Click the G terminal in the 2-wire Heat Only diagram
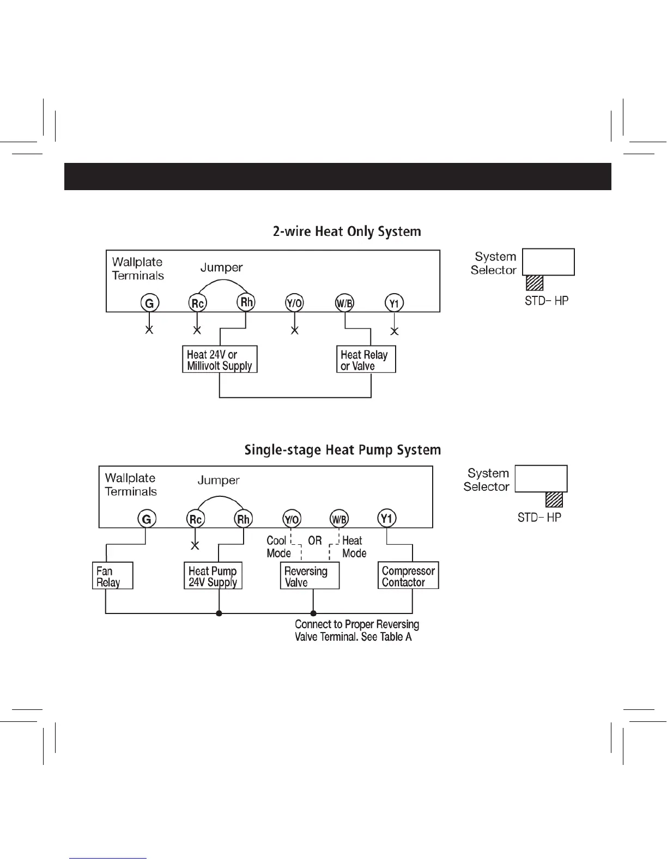tap(149, 302)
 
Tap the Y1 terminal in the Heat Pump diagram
tap(386, 518)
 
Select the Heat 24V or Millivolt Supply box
tap(220, 360)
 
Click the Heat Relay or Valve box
tap(365, 360)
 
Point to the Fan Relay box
tap(113, 576)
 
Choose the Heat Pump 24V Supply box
tap(213, 576)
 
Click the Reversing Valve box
tap(310, 576)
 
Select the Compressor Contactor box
tap(408, 576)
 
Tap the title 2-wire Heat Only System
tap(347, 232)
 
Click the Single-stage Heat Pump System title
tap(342, 450)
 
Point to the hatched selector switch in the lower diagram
tap(554, 500)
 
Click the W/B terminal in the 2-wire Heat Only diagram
tap(344, 303)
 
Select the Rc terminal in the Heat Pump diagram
tap(195, 519)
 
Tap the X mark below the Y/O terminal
tap(294, 330)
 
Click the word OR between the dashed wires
tap(315, 540)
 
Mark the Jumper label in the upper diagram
tap(221, 268)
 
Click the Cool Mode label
tap(278, 546)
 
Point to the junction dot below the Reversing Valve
tap(313, 613)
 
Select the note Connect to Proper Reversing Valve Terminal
tap(357, 630)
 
